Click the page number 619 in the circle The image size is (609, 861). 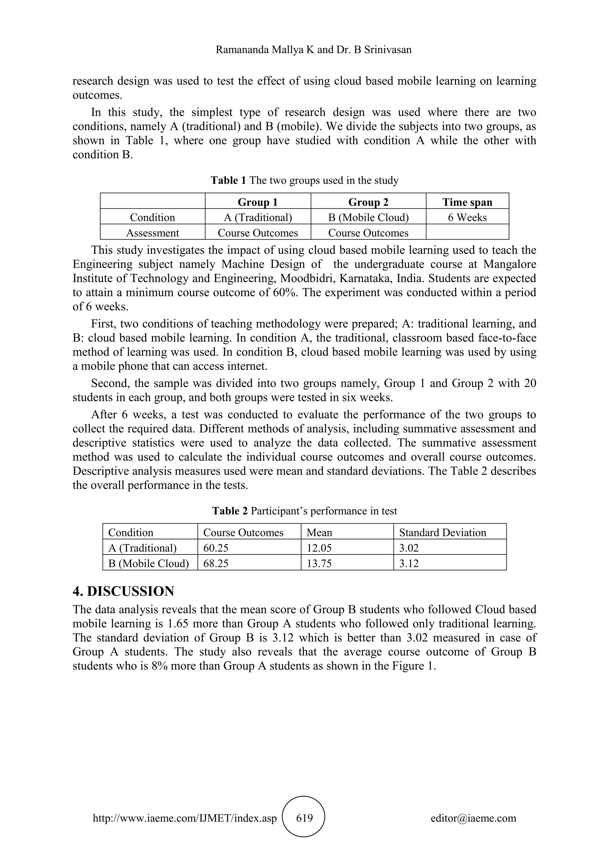coord(304,818)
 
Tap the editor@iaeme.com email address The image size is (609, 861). coord(473,818)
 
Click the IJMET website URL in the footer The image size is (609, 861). coord(184,818)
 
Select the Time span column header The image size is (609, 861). coord(467,202)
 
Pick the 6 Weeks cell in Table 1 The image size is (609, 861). coord(467,218)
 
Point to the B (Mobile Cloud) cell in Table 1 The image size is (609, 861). coord(368,218)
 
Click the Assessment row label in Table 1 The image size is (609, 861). coord(153,233)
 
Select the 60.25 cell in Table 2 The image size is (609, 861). coord(216,548)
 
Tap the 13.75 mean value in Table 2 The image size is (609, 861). coord(319,563)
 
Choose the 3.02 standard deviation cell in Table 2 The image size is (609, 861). coord(409,548)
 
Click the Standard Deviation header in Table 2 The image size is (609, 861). coord(442,532)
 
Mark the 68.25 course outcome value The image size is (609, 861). coord(216,563)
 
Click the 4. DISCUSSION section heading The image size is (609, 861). coord(123,591)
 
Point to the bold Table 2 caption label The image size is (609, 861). coord(230,511)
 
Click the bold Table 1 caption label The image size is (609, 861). coord(228,180)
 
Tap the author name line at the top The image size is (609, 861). coord(313,49)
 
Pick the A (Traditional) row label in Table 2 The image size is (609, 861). coord(142,548)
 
